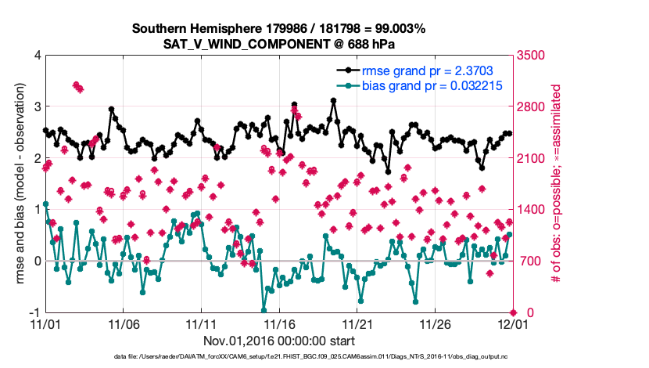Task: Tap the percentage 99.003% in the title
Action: [397, 29]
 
